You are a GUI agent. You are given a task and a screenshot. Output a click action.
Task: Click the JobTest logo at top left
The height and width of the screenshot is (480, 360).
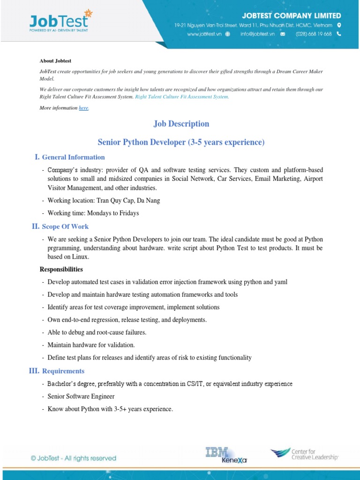(x=59, y=22)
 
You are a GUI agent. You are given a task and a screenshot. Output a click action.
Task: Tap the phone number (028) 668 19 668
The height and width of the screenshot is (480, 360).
(x=314, y=34)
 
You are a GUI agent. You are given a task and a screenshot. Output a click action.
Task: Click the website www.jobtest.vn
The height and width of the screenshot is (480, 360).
(x=204, y=34)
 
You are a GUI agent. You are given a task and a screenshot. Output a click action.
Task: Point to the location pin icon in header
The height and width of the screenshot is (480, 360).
(x=339, y=25)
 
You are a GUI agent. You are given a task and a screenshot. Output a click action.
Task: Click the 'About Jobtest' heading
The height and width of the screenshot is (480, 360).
(x=55, y=60)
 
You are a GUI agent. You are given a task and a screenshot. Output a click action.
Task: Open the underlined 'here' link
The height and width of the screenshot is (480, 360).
(x=83, y=108)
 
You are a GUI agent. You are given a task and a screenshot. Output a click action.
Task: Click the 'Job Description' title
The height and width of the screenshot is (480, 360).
(x=181, y=124)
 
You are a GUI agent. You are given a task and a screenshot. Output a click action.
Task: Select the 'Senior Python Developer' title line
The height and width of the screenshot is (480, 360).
(x=181, y=142)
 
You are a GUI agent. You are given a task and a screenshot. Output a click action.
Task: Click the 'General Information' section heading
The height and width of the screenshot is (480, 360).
(x=73, y=157)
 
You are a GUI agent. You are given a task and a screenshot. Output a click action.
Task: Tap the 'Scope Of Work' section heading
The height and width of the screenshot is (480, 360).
(x=65, y=226)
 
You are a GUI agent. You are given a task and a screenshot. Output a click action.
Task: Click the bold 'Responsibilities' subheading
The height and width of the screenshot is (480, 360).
(x=61, y=270)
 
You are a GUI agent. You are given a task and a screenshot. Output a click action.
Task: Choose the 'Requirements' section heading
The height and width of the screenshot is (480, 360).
(x=63, y=371)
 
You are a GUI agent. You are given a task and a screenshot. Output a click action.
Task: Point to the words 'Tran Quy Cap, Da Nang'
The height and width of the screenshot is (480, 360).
(x=128, y=201)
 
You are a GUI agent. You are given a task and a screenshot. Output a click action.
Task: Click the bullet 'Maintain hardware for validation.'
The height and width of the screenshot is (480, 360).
(x=91, y=345)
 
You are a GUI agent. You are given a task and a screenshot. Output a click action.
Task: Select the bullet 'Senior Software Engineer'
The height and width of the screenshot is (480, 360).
(x=81, y=397)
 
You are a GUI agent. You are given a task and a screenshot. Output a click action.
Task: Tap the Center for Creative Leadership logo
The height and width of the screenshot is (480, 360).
(x=304, y=454)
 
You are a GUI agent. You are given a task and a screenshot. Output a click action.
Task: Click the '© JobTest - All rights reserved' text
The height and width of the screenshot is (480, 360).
(x=73, y=458)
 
